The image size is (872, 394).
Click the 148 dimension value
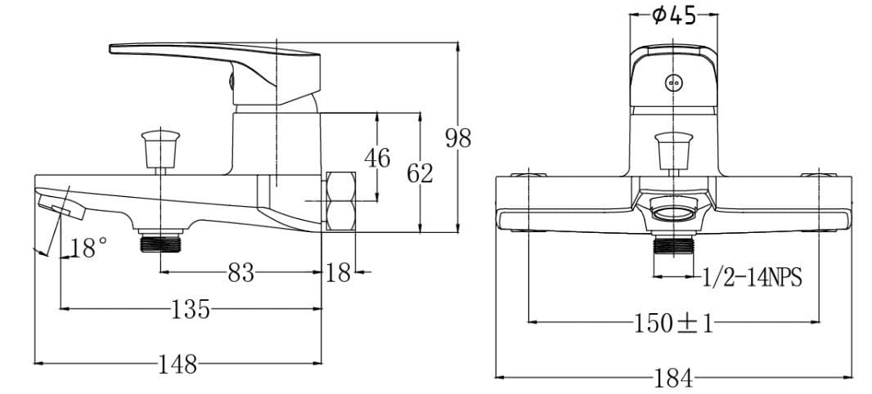178,365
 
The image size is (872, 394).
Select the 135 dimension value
190,309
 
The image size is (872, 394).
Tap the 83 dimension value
241,272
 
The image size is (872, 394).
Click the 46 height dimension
376,157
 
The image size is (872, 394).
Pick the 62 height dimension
420,173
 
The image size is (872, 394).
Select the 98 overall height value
458,138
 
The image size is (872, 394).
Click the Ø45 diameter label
673,16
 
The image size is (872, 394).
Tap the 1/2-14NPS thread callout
752,279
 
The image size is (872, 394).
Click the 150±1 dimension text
673,323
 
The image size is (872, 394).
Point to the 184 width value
673,378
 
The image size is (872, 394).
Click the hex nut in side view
341,201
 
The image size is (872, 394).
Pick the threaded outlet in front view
673,248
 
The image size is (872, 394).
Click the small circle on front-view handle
673,82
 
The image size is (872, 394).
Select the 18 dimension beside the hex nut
338,272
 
